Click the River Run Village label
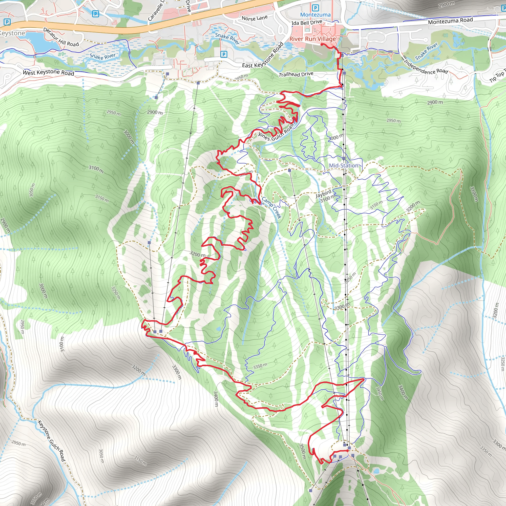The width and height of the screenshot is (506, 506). click(313, 39)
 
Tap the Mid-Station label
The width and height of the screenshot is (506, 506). click(343, 166)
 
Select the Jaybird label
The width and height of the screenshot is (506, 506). click(323, 194)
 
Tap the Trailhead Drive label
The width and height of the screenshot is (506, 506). click(296, 74)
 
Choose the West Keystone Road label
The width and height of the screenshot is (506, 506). click(48, 73)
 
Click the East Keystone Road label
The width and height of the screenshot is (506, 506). click(263, 55)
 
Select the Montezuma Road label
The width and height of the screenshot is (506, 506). click(450, 21)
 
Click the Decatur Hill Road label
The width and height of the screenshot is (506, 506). click(61, 37)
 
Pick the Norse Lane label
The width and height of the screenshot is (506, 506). click(254, 18)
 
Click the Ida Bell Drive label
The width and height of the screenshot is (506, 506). click(307, 22)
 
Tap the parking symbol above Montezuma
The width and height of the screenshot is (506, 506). click(316, 8)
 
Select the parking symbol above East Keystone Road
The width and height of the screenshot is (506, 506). click(224, 54)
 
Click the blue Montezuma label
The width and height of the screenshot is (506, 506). click(315, 15)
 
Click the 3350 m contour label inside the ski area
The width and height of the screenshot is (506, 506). click(260, 366)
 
